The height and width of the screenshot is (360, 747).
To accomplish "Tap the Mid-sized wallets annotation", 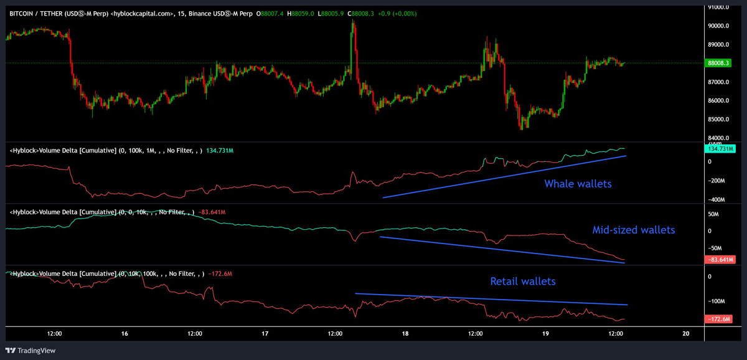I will (x=633, y=230).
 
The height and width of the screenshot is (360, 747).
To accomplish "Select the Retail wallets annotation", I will (x=523, y=282).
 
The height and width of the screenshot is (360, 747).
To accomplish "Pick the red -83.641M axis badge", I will (x=721, y=259).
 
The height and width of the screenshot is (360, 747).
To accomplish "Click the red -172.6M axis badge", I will (x=721, y=320).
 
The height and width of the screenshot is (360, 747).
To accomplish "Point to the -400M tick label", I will (x=717, y=200).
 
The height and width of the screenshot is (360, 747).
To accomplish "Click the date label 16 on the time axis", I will (x=125, y=334).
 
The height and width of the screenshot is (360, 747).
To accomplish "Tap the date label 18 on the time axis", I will (x=405, y=334).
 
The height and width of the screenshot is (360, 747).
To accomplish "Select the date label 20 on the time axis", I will (x=686, y=334).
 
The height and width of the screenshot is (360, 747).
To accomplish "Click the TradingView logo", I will (x=31, y=351).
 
